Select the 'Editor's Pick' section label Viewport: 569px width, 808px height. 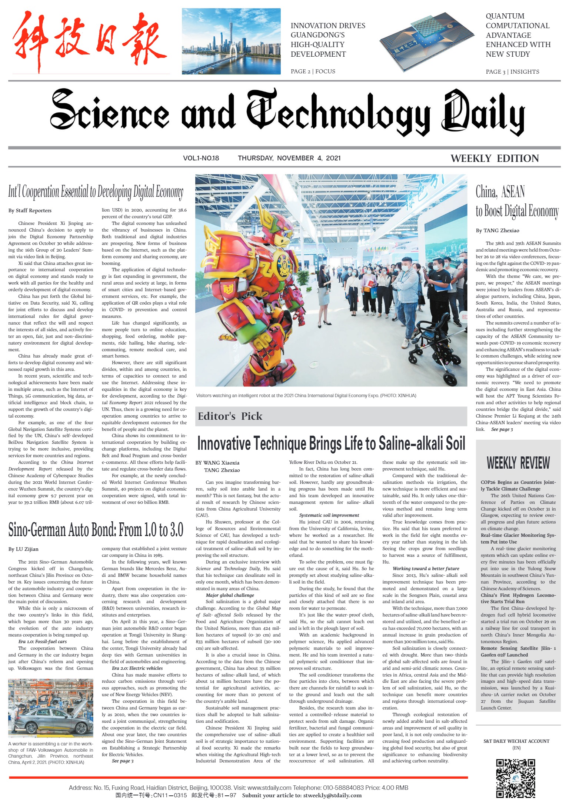click(x=230, y=416)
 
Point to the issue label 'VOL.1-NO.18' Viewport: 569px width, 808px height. click(x=201, y=158)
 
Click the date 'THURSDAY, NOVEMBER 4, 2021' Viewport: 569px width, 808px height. click(x=289, y=158)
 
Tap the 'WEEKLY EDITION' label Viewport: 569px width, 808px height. click(x=495, y=159)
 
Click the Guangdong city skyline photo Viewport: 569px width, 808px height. click(x=231, y=41)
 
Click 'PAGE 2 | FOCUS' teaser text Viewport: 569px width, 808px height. click(x=313, y=71)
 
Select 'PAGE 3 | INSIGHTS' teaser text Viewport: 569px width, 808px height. click(x=512, y=72)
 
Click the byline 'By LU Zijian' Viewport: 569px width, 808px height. click(x=23, y=549)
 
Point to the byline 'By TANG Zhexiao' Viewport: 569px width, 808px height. click(x=498, y=230)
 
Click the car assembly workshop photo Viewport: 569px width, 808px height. click(x=51, y=709)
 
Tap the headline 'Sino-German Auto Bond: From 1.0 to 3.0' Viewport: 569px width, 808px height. click(x=96, y=530)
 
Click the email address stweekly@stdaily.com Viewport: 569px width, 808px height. click(x=332, y=795)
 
